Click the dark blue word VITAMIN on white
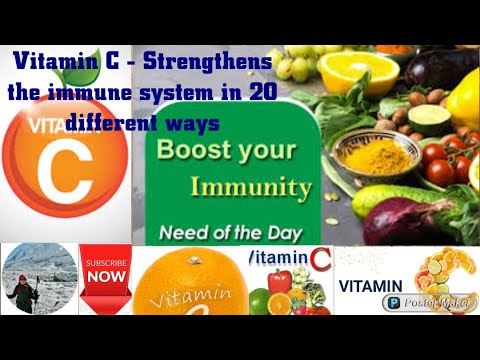[x=369, y=285]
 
